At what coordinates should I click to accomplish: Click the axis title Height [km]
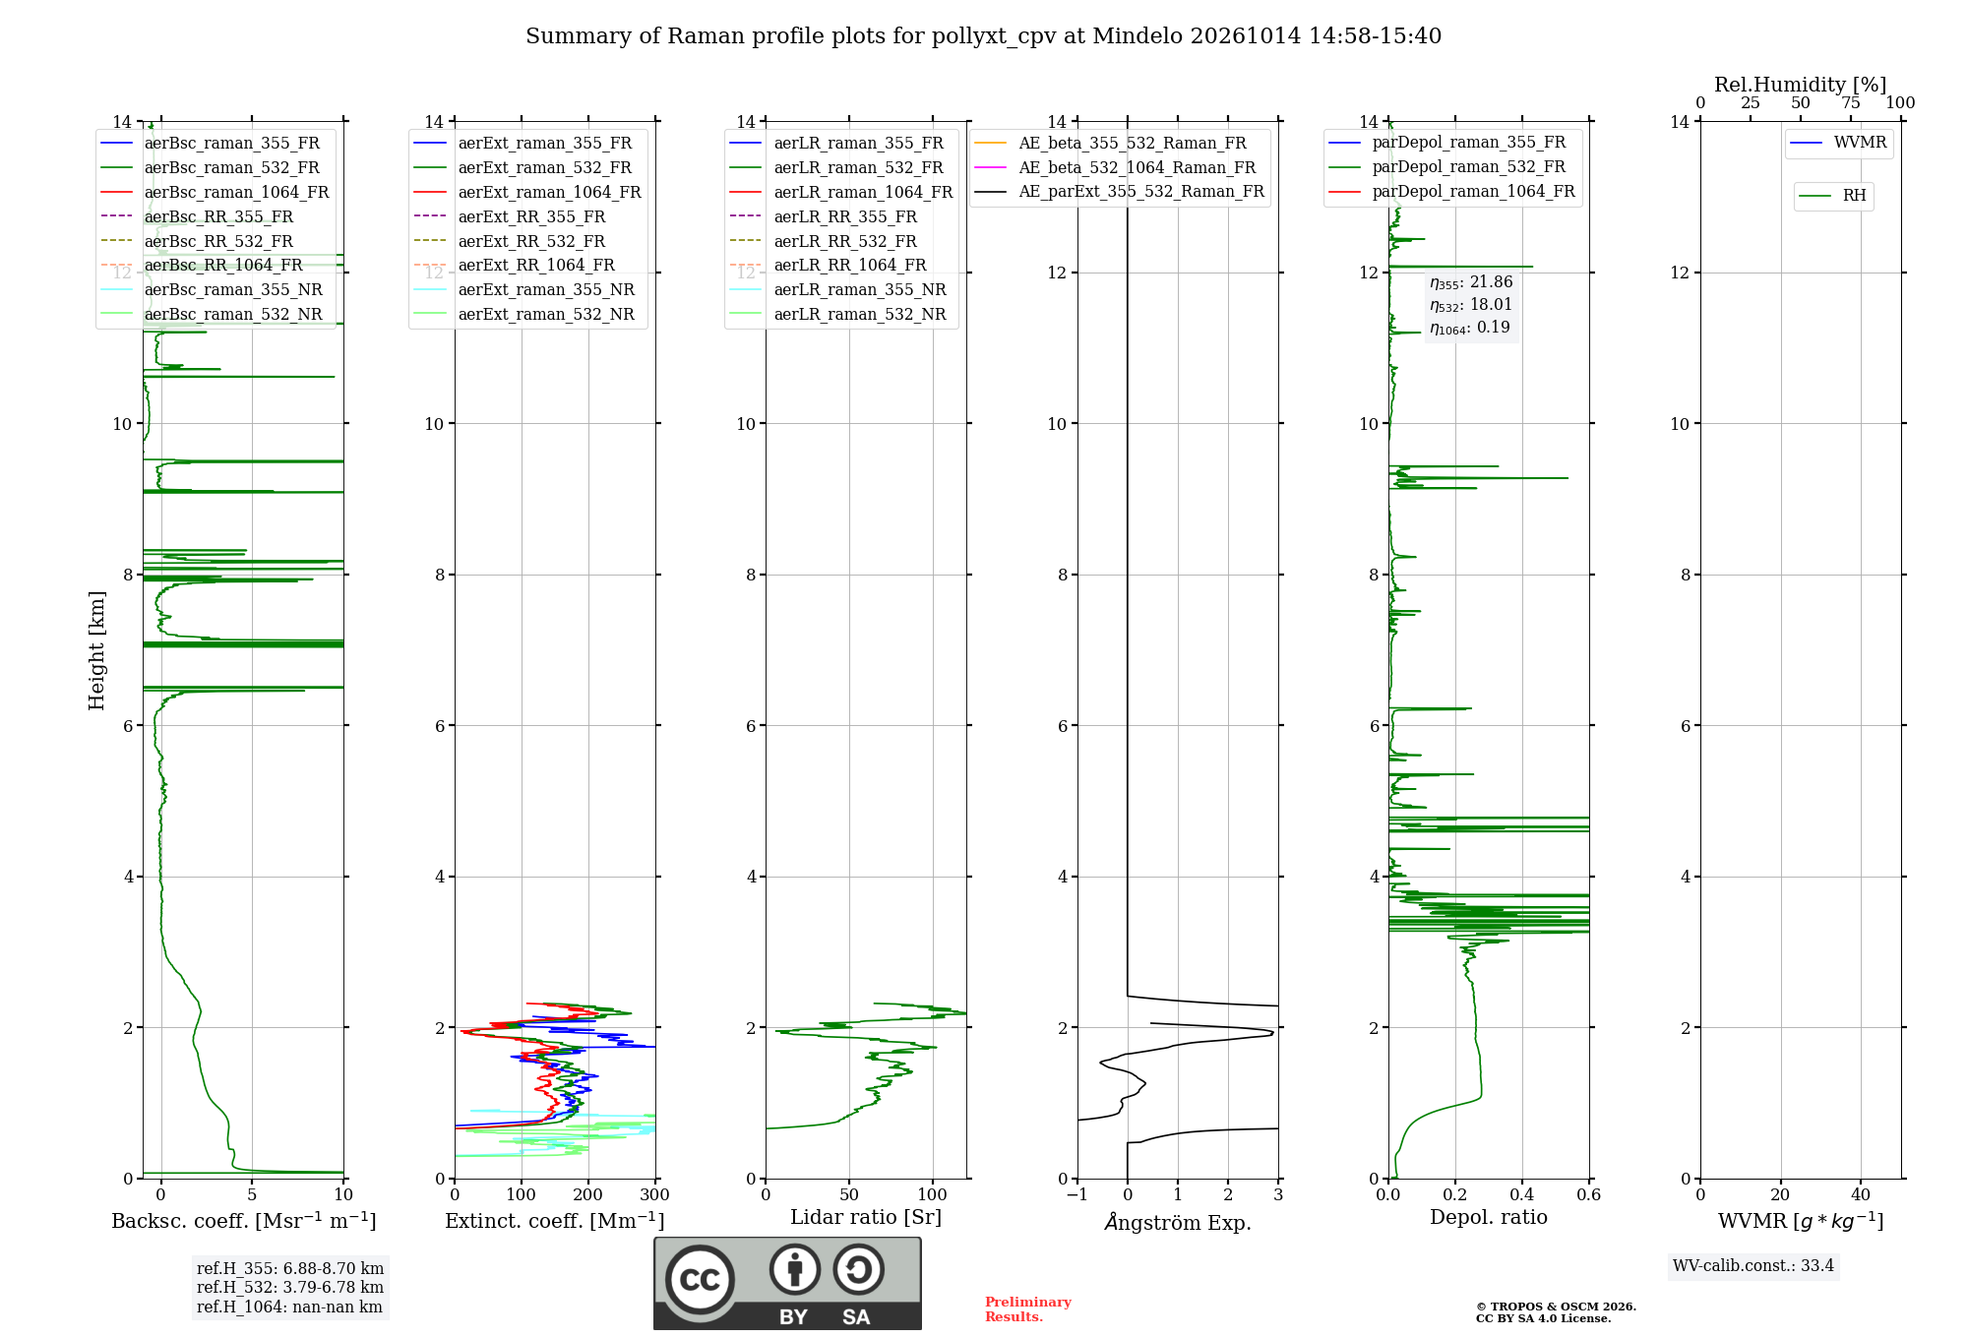pyautogui.click(x=96, y=650)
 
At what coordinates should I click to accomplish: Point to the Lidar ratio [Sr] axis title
pyautogui.click(x=866, y=1218)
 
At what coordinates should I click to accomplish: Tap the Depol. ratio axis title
pyautogui.click(x=1489, y=1218)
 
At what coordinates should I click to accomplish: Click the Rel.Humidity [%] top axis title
pyautogui.click(x=1801, y=85)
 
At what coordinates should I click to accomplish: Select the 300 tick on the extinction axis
pyautogui.click(x=654, y=1195)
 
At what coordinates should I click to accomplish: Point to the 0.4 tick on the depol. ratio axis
pyautogui.click(x=1522, y=1195)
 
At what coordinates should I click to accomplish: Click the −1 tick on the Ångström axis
pyautogui.click(x=1076, y=1195)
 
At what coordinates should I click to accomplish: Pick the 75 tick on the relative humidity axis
pyautogui.click(x=1851, y=103)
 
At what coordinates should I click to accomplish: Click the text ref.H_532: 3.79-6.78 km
pyautogui.click(x=290, y=1288)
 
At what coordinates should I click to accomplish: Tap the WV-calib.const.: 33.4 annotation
pyautogui.click(x=1753, y=1266)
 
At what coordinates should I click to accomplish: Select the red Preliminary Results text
pyautogui.click(x=1028, y=1309)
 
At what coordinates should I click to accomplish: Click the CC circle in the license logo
pyautogui.click(x=700, y=1280)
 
